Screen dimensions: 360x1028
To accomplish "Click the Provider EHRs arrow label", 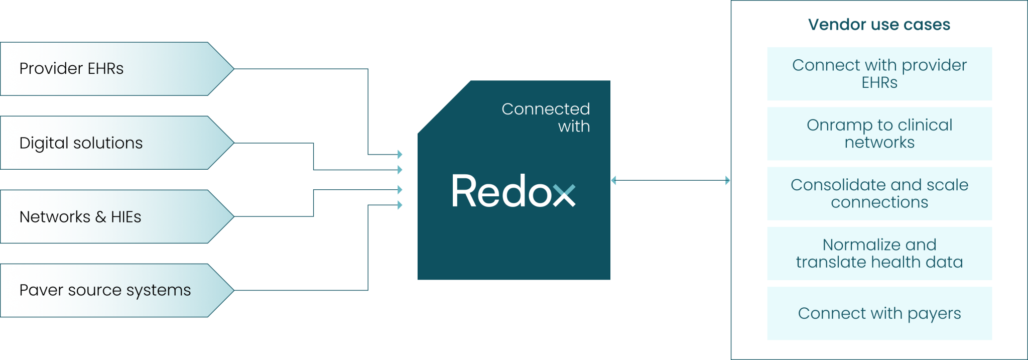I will click(71, 68).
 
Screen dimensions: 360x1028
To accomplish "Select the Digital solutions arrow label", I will click(81, 143).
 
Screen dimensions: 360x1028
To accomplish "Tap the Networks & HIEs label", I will click(80, 217).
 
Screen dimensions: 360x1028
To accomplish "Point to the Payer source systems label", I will click(105, 290).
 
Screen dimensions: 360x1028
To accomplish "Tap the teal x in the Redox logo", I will click(564, 195).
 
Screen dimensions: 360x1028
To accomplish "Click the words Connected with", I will click(546, 117).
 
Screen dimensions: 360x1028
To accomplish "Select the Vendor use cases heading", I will click(879, 25).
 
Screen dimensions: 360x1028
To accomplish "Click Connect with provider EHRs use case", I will click(879, 74).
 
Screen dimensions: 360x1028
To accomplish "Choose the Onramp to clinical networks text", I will click(879, 134).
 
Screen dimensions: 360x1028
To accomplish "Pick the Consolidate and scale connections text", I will click(879, 193).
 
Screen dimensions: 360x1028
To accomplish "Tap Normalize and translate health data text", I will click(879, 253).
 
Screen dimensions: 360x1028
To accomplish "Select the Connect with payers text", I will click(879, 313).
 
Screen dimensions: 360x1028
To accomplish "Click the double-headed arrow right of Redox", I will click(671, 181).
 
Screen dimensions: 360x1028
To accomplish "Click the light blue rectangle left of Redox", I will click(407, 206).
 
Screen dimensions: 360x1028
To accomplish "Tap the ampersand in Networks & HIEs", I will click(100, 217).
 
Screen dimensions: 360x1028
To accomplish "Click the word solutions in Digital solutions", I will click(108, 143).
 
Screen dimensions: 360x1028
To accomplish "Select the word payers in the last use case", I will click(934, 314).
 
